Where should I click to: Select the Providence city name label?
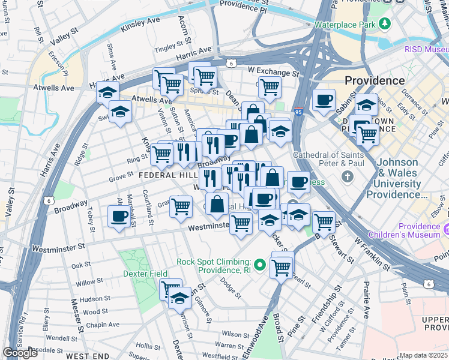[x=375, y=80]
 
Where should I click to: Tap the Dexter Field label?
[x=145, y=274]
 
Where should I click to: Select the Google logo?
[x=20, y=353]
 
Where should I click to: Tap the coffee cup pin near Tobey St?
[x=119, y=216]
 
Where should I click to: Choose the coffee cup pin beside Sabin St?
[x=324, y=100]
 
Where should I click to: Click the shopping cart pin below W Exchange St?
[x=270, y=87]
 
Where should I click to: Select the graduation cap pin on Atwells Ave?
[x=107, y=92]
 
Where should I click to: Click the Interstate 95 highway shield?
[x=300, y=112]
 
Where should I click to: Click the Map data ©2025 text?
[x=424, y=355]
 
